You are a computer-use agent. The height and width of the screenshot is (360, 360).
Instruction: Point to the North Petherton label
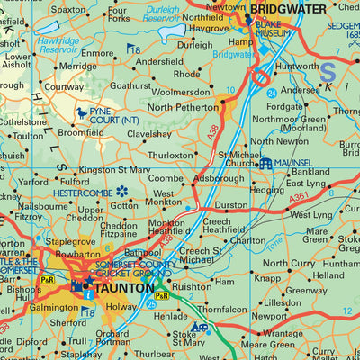coord(184,108)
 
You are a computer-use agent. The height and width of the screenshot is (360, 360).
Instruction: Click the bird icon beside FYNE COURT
coord(83,112)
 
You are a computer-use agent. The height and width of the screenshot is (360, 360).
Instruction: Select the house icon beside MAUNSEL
coord(266,163)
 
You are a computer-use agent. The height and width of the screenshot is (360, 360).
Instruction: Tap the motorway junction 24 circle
coord(259,78)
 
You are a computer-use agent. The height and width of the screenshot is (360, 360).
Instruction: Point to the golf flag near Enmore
coord(132,49)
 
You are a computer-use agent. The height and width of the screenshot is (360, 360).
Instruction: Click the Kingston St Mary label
coord(115,169)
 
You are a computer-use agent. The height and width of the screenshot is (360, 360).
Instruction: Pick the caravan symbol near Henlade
coord(203,328)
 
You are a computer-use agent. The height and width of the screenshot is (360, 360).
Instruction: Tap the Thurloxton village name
coord(171,154)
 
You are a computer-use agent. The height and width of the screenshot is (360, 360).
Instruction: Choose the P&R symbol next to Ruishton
coord(161,295)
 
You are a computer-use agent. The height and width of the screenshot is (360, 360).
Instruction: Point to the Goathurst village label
coord(132,85)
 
